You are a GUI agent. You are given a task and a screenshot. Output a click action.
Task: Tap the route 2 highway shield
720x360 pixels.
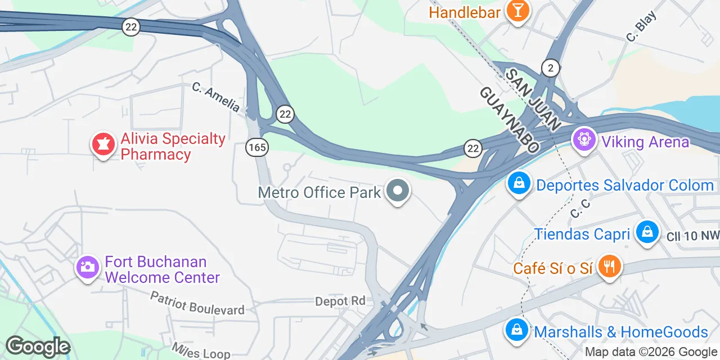coord(551,68)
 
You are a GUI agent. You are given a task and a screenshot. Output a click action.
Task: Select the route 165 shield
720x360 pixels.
coord(256,148)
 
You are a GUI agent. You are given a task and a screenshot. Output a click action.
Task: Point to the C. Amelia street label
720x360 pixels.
coord(216,97)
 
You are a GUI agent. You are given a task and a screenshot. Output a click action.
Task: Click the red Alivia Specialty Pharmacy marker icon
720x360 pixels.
coord(103,145)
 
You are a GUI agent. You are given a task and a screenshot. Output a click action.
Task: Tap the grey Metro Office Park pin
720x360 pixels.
coord(398,192)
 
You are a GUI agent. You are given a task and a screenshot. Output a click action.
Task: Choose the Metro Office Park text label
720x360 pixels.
coord(319,192)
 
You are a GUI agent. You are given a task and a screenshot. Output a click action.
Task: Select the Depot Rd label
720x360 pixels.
coord(340,301)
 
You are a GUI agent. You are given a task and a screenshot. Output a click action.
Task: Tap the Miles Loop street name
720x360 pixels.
coord(201,350)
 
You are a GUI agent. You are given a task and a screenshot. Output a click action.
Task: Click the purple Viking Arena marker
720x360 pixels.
coord(584,139)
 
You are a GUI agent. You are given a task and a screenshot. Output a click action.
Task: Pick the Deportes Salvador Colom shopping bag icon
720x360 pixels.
coord(519,183)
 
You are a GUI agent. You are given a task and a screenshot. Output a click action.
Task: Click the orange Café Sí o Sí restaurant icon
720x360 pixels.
coord(608,266)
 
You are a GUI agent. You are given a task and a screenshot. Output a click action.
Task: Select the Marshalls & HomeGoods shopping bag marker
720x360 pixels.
coord(516,330)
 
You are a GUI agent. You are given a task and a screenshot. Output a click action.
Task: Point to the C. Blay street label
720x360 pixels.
coord(641,30)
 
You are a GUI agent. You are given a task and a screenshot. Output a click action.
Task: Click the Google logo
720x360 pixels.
coord(37,347)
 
